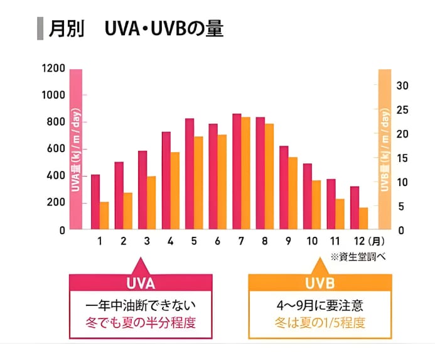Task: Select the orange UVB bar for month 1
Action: tap(104, 215)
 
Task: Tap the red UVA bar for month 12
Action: tap(355, 208)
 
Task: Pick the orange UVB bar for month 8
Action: tap(269, 177)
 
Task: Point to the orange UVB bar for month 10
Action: tap(316, 205)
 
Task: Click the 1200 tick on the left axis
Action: tap(53, 68)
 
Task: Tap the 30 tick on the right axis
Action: tap(403, 85)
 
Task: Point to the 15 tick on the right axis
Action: tap(403, 158)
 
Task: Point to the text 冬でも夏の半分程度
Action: tap(141, 324)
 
